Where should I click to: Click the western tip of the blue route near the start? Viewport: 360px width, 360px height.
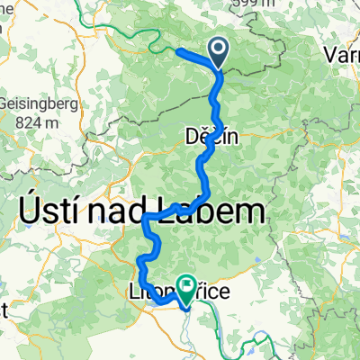pyautogui.click(x=176, y=50)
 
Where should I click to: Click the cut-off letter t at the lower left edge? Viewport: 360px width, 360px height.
pyautogui.click(x=4, y=311)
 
